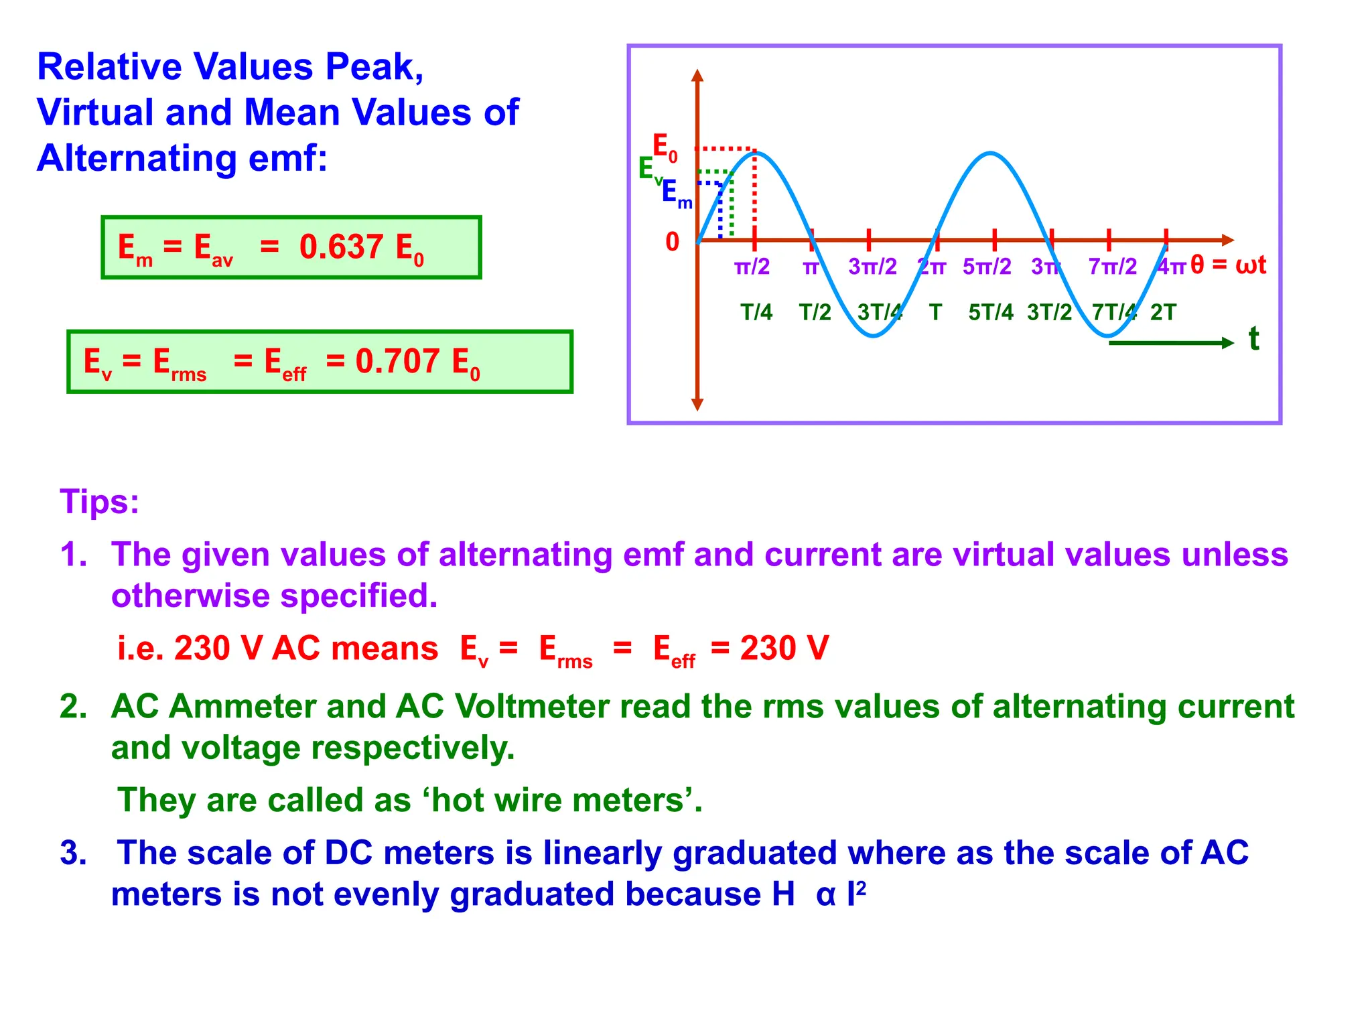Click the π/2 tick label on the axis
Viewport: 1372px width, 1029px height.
click(752, 267)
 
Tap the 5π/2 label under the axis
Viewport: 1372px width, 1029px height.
click(987, 267)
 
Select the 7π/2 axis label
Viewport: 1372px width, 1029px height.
click(1112, 267)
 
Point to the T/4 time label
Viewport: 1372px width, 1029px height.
click(756, 312)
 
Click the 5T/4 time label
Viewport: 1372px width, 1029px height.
click(991, 312)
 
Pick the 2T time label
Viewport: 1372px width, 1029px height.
click(1163, 312)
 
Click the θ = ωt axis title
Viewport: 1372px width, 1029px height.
click(1228, 265)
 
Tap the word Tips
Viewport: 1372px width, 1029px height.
click(99, 501)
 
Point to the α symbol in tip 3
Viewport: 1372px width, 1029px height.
click(825, 895)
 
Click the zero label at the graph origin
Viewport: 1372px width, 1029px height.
click(672, 242)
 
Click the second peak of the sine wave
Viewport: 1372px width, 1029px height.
click(990, 154)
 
